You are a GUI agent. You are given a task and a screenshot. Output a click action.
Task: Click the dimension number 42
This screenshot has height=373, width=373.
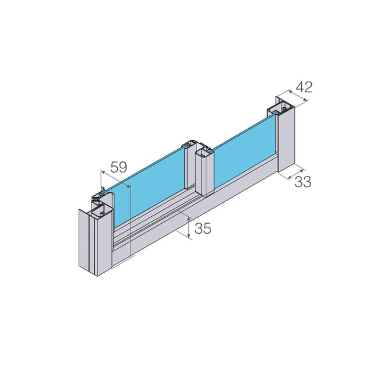tap(304, 87)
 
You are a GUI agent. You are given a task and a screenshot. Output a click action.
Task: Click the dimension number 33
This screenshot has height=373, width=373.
tap(302, 182)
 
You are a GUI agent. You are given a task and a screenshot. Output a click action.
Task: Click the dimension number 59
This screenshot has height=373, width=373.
tap(119, 167)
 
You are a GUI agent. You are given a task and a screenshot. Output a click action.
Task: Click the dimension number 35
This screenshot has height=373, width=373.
tap(203, 228)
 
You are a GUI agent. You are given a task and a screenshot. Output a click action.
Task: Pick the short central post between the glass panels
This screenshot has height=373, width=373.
tap(205, 173)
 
